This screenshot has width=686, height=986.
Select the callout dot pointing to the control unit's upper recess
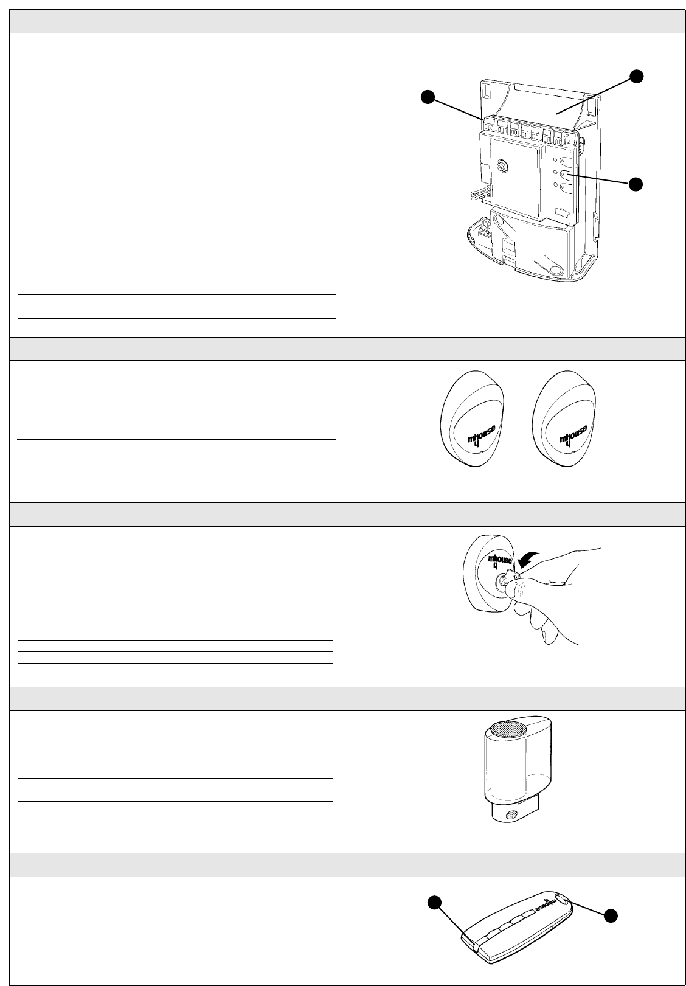[636, 76]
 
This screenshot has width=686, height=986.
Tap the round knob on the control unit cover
[503, 165]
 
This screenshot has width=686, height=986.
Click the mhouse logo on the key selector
[501, 563]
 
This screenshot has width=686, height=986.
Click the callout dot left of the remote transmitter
[433, 903]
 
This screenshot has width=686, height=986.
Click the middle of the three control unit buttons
[565, 175]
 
